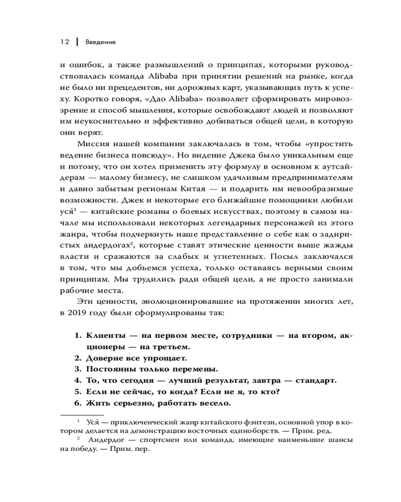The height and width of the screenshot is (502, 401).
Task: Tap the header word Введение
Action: pos(100,42)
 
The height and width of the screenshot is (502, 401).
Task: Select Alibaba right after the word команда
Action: pos(164,76)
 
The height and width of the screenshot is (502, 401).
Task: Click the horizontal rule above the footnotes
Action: pos(82,415)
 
